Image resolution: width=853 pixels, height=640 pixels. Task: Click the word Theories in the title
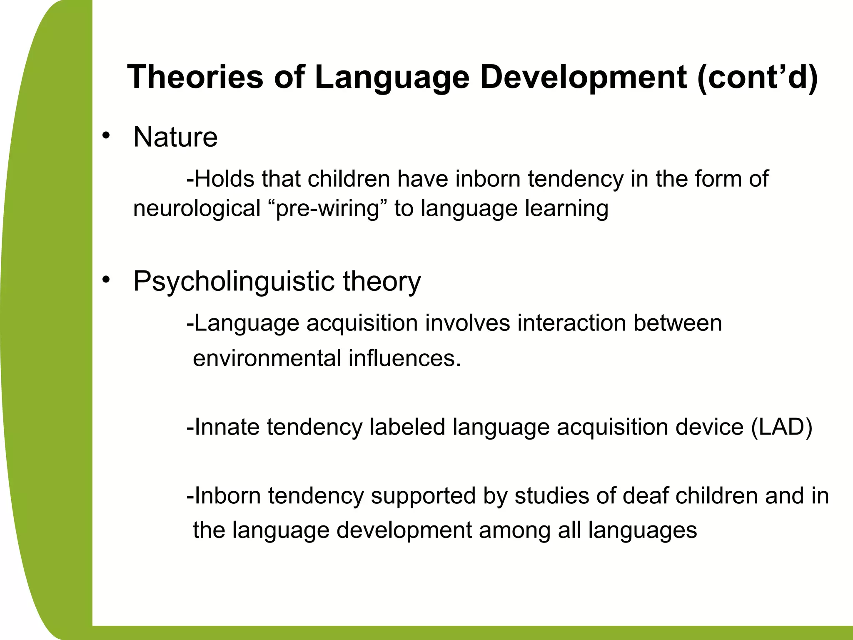tap(195, 77)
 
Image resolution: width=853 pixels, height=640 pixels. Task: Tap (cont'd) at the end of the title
tap(757, 77)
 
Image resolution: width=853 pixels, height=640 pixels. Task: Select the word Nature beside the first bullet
tap(175, 137)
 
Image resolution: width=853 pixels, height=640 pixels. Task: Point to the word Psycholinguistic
tap(234, 282)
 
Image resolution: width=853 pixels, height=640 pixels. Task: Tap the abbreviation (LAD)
tap(781, 427)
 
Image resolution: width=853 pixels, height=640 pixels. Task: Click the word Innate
tap(227, 427)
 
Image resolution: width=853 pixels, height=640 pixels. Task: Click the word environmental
tap(267, 358)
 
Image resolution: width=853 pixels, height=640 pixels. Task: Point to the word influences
tap(404, 358)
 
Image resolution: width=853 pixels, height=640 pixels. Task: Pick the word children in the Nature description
tap(349, 179)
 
